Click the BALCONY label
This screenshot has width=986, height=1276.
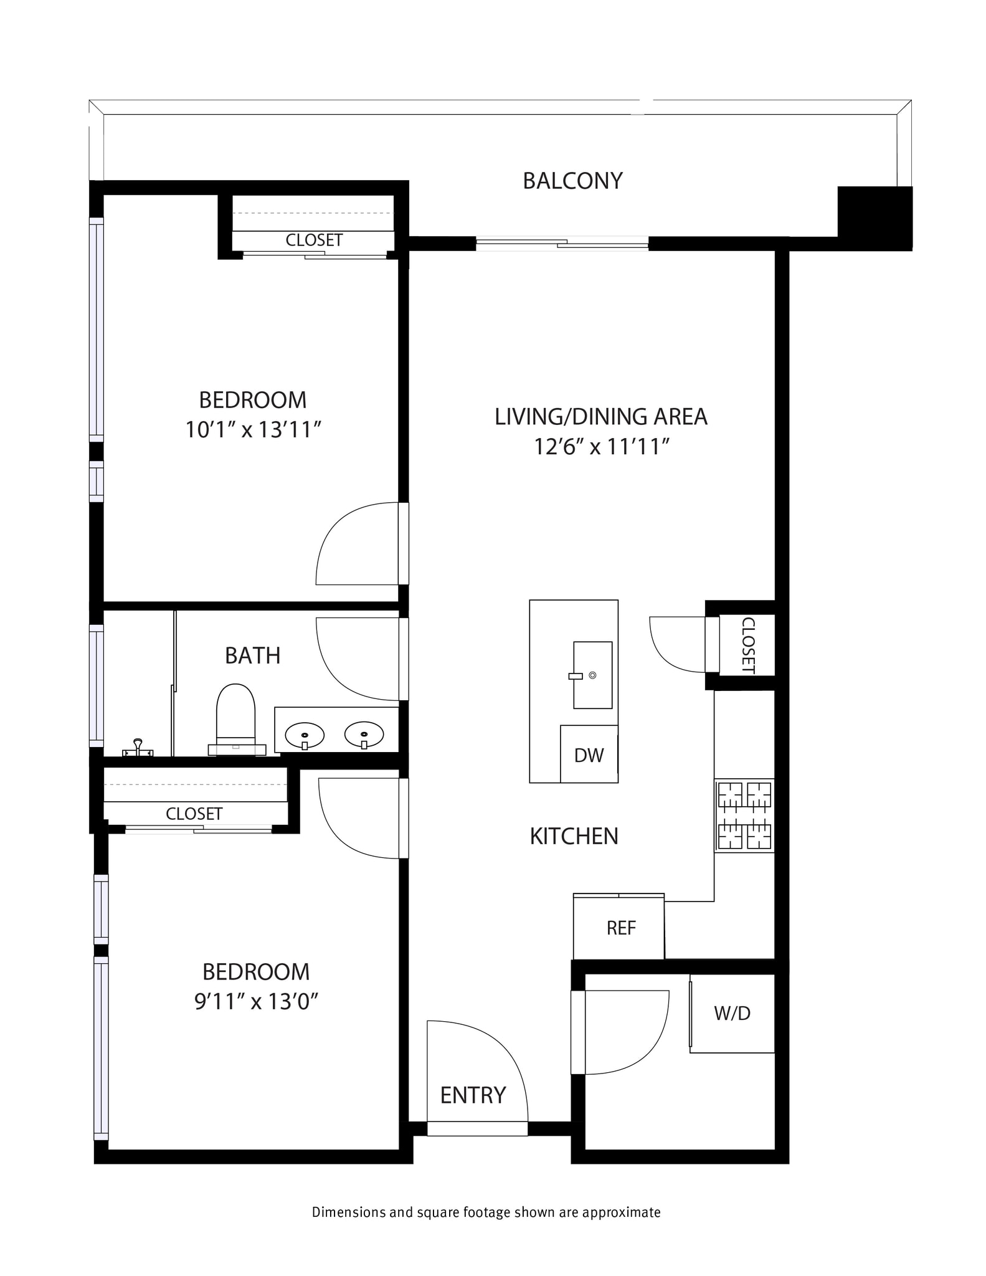(572, 181)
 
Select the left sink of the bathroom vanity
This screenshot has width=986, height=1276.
(305, 736)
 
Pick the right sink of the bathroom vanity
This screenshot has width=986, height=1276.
(364, 735)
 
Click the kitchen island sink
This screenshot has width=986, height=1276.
(592, 675)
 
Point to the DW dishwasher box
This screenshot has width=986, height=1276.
(589, 755)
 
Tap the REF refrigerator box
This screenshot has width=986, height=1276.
(620, 928)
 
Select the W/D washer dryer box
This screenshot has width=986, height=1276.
(732, 1013)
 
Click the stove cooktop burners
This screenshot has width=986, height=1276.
(744, 816)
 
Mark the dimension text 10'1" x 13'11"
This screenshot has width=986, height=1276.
(253, 429)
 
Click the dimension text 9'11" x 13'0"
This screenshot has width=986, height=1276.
(257, 1001)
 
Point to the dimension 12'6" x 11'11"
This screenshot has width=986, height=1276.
(601, 446)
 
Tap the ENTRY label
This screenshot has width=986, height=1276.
(473, 1095)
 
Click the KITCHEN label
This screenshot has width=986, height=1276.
(574, 836)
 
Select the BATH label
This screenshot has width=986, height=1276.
(252, 655)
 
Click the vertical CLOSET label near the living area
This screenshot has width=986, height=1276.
(748, 645)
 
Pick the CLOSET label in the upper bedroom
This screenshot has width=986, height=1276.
(314, 240)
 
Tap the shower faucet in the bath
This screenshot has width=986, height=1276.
(138, 747)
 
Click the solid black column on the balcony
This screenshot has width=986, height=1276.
(875, 218)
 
